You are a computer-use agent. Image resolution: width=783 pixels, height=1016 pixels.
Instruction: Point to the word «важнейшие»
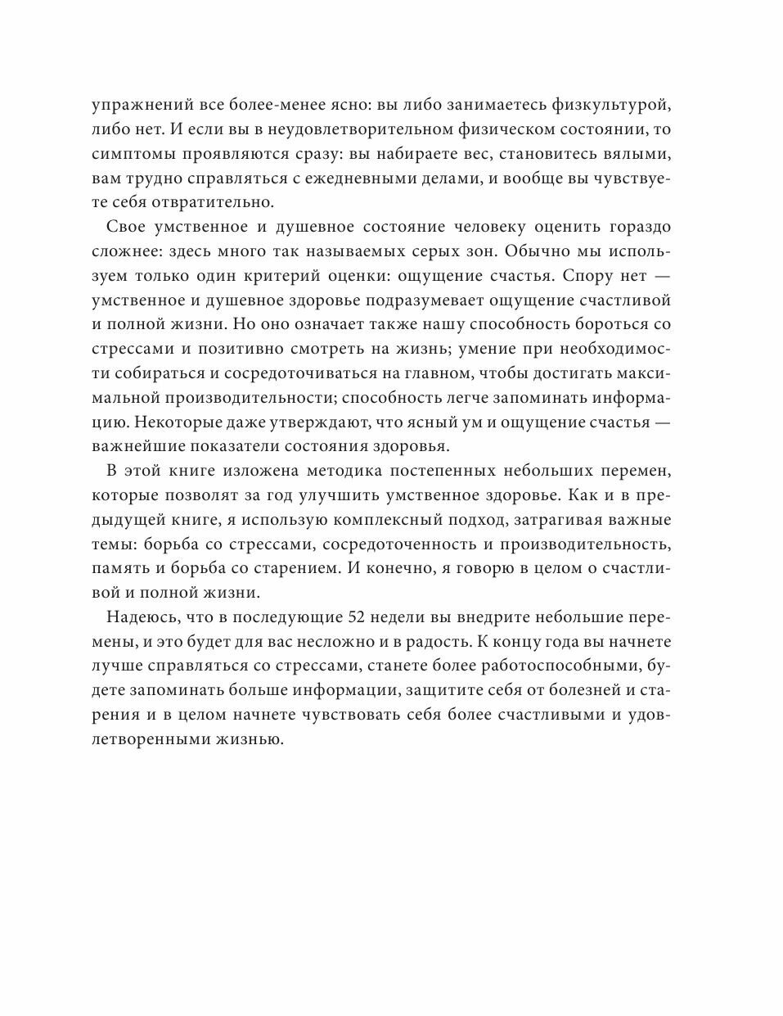pyautogui.click(x=133, y=447)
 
